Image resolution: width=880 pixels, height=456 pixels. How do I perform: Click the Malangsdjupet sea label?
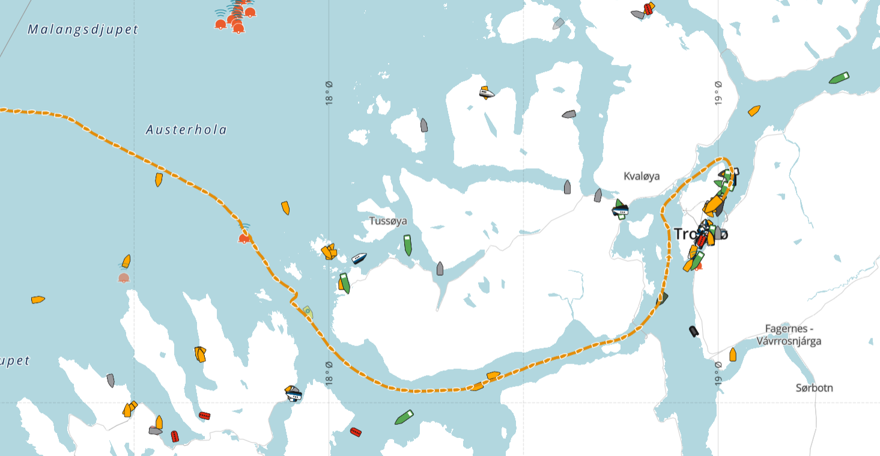pyautogui.click(x=83, y=29)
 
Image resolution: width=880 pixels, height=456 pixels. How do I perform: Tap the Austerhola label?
pyautogui.click(x=186, y=129)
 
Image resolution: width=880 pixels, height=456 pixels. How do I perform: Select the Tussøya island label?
pyautogui.click(x=388, y=221)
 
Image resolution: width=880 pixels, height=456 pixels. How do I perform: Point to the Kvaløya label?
pyautogui.click(x=642, y=176)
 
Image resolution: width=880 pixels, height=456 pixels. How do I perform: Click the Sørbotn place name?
pyautogui.click(x=814, y=388)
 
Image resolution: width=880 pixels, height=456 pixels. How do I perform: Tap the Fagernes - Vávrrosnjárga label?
pyautogui.click(x=789, y=335)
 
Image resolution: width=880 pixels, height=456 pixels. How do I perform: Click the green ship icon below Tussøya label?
pyautogui.click(x=408, y=245)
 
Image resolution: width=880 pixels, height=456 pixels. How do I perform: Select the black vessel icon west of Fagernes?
pyautogui.click(x=694, y=331)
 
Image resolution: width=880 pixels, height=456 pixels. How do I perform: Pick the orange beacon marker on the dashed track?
pyautogui.click(x=244, y=238)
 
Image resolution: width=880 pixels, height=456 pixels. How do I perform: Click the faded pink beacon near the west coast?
pyautogui.click(x=124, y=278)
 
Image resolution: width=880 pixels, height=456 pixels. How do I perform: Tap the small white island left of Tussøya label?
pyautogui.click(x=358, y=137)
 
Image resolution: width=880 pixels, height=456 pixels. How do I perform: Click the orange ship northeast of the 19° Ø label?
pyautogui.click(x=754, y=111)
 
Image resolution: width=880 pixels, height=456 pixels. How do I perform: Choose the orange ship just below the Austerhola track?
pyautogui.click(x=159, y=179)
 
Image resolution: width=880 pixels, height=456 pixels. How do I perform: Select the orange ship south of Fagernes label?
pyautogui.click(x=733, y=354)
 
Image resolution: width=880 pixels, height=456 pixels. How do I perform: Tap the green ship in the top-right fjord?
pyautogui.click(x=839, y=78)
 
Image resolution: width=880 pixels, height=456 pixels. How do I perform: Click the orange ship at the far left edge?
pyautogui.click(x=38, y=299)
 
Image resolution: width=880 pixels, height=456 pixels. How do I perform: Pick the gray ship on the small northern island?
pyautogui.click(x=424, y=125)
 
